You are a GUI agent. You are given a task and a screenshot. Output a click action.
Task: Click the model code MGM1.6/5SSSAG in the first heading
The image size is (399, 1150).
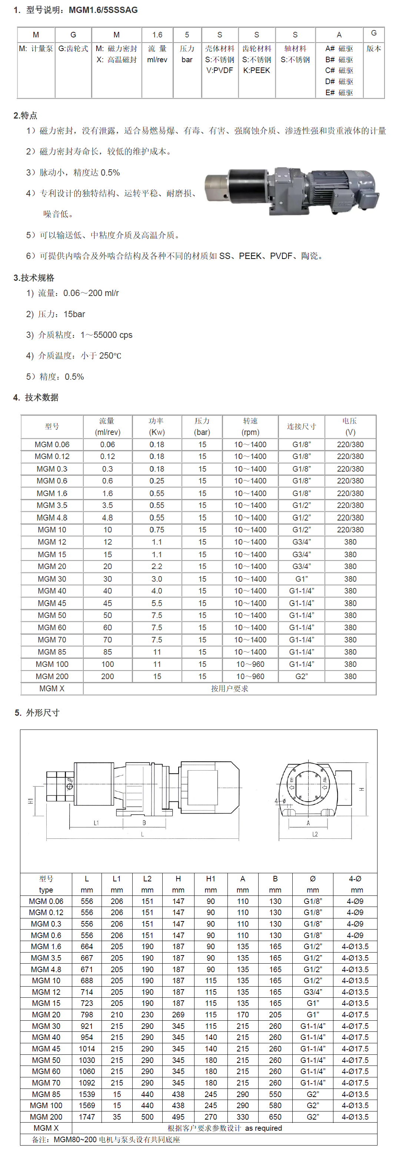click(x=103, y=10)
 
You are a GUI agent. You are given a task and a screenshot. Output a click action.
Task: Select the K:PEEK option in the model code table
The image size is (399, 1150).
click(x=257, y=70)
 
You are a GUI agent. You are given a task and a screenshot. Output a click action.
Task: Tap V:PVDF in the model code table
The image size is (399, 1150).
click(x=220, y=70)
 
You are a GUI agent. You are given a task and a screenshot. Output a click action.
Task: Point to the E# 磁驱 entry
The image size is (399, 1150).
click(x=339, y=92)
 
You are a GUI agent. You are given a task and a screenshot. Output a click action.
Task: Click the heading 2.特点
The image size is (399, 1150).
click(x=26, y=116)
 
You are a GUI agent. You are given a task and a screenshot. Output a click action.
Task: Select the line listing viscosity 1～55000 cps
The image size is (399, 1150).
click(x=79, y=335)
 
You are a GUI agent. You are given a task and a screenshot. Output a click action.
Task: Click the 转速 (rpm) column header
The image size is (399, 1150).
click(x=250, y=426)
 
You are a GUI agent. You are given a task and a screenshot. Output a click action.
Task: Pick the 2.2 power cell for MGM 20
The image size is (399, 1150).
click(x=157, y=566)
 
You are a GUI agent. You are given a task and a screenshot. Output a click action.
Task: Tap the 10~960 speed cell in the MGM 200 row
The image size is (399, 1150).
click(x=250, y=677)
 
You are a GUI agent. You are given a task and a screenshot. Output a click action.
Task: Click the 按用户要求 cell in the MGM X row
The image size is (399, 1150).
click(x=229, y=688)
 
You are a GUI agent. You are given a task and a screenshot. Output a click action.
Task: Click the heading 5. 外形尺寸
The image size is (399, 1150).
click(x=37, y=712)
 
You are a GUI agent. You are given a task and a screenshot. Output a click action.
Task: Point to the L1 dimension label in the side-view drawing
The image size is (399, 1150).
click(x=96, y=822)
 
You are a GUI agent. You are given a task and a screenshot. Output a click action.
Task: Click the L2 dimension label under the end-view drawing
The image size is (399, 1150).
click(x=315, y=834)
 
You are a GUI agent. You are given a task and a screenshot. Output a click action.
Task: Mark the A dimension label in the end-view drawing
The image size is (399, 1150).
click(x=308, y=822)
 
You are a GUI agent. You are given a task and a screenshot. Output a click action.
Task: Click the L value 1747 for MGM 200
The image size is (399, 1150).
click(x=87, y=1117)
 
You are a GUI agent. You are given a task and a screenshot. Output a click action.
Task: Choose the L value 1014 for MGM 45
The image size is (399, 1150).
click(x=87, y=1048)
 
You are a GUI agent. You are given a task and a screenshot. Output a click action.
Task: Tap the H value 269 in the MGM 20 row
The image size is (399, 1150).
click(x=178, y=1015)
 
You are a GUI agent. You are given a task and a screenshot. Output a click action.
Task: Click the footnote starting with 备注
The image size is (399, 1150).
click(x=106, y=1139)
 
